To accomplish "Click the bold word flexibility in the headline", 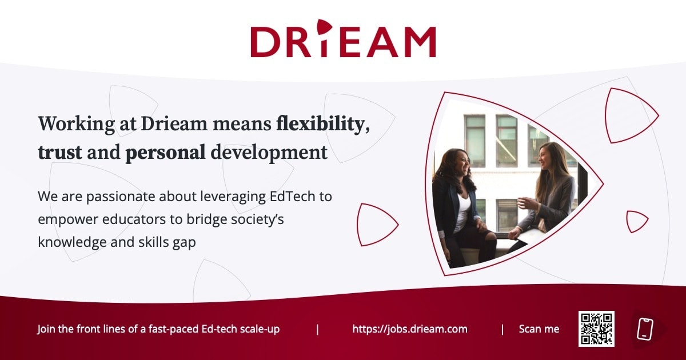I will (320, 124).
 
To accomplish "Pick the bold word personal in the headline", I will (165, 153).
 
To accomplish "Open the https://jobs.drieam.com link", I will (409, 329).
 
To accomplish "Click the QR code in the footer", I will (596, 329).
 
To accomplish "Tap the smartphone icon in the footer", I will (645, 329).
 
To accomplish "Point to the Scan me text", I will (539, 329).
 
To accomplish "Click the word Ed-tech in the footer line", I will (220, 329).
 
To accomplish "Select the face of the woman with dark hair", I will (461, 164).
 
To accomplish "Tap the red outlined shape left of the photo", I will (375, 223).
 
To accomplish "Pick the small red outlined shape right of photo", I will (635, 222).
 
